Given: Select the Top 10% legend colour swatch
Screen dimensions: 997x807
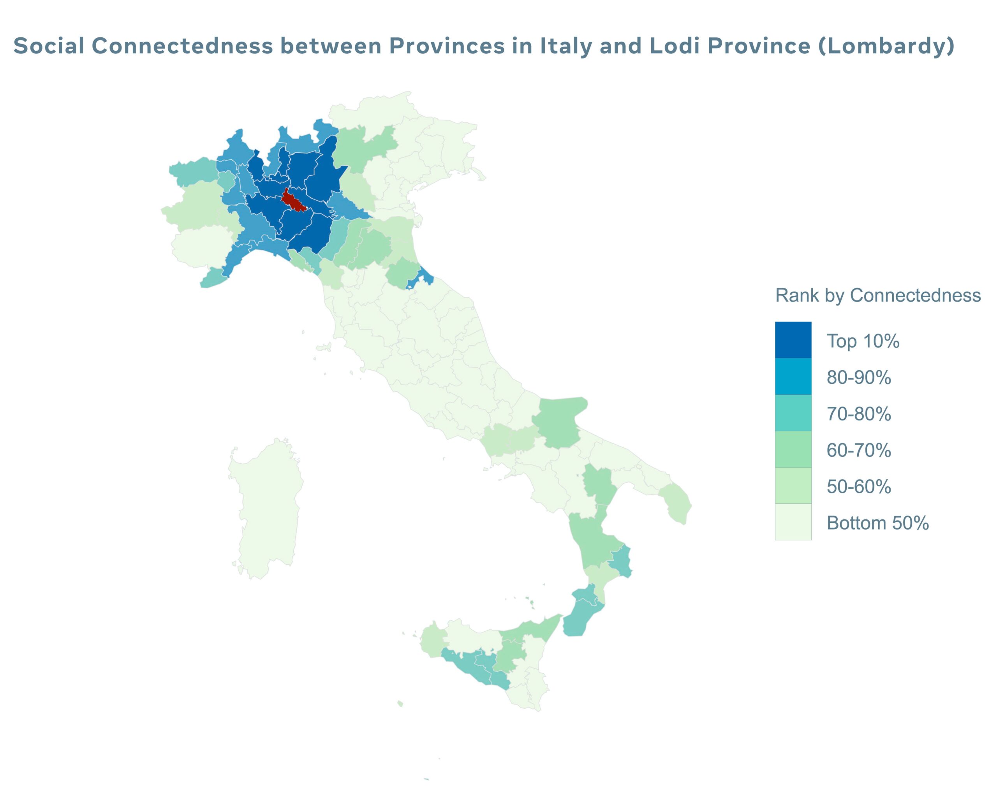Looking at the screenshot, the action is pyautogui.click(x=793, y=340).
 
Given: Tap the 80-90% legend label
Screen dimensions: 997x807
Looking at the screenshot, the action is pyautogui.click(x=859, y=378).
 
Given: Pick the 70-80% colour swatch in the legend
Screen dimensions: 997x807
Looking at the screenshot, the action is pyautogui.click(x=793, y=413).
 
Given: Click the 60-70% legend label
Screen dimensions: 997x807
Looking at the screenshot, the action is pyautogui.click(x=859, y=450).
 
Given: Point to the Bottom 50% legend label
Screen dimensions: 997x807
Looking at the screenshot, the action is pyautogui.click(x=877, y=523).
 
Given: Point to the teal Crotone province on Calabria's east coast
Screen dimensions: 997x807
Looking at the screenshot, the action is pyautogui.click(x=621, y=561).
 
